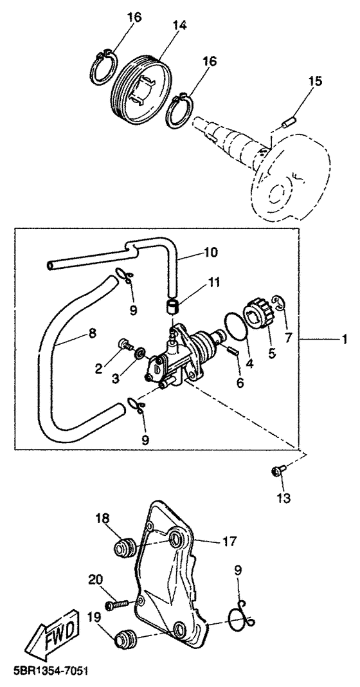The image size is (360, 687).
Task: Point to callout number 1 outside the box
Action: coord(345,340)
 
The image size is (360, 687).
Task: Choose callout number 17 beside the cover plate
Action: coord(228,542)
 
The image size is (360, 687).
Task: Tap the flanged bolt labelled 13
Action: coord(278,471)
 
